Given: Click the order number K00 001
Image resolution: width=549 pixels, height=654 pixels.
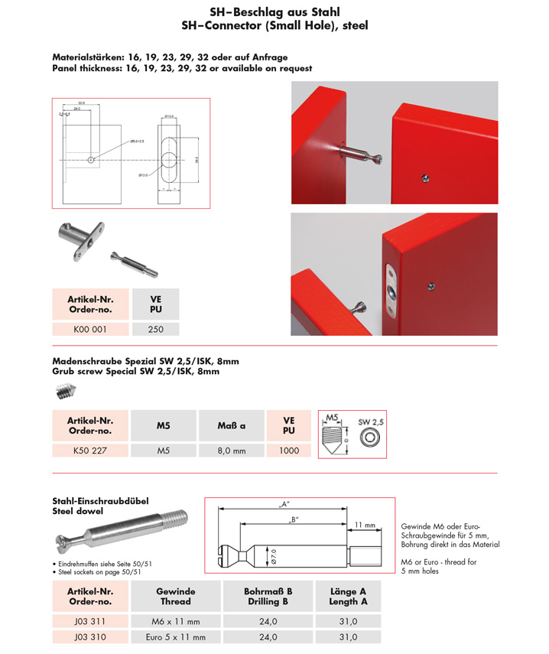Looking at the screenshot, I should pyautogui.click(x=90, y=330).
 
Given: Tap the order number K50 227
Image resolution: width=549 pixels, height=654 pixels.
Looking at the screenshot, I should pyautogui.click(x=90, y=451).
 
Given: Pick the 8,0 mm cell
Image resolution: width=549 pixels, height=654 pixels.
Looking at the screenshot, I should pyautogui.click(x=231, y=451).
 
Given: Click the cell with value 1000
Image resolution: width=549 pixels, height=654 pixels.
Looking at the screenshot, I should pyautogui.click(x=289, y=451).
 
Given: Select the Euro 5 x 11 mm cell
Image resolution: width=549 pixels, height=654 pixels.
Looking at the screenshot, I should pyautogui.click(x=175, y=636).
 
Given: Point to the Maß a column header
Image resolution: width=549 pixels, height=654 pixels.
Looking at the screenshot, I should pyautogui.click(x=231, y=425).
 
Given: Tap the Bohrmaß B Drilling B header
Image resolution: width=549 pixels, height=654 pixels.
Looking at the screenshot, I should pyautogui.click(x=268, y=596).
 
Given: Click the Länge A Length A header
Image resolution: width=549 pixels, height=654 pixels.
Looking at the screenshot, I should pyautogui.click(x=348, y=596).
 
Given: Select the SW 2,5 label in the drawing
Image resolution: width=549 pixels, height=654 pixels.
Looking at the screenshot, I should pyautogui.click(x=370, y=421).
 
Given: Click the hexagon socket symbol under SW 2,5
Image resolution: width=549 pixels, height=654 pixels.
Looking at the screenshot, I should pyautogui.click(x=371, y=436).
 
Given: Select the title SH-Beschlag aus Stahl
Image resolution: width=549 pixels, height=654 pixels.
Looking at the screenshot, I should pyautogui.click(x=274, y=12).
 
